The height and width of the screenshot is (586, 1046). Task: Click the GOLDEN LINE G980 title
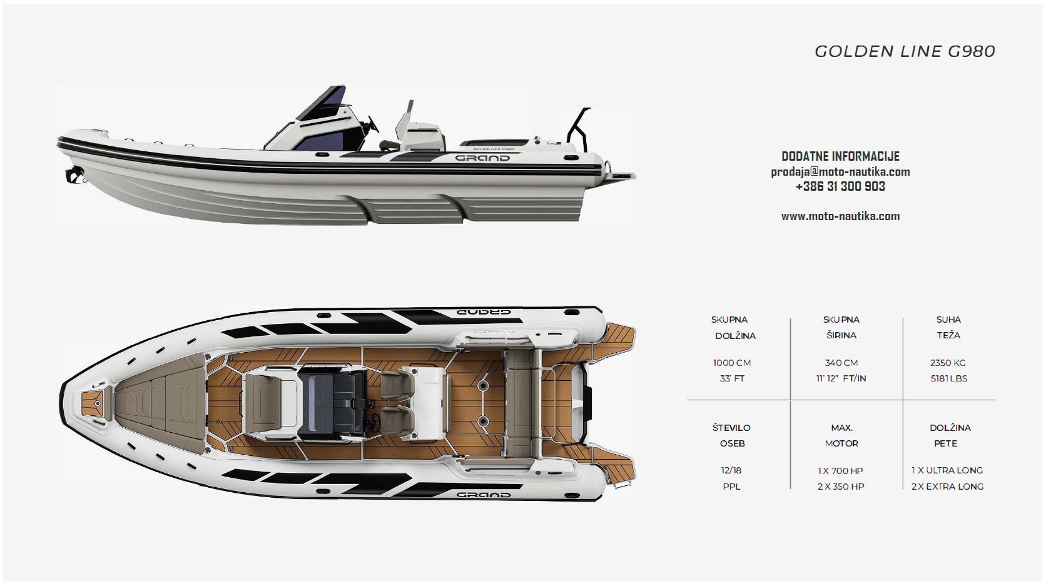coord(905,51)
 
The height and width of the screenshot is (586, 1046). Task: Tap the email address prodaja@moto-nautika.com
coord(840,171)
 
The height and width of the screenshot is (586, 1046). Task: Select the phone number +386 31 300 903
coord(840,186)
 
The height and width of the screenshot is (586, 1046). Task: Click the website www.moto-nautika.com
coord(840,216)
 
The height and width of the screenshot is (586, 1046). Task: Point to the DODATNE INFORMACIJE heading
coord(840,156)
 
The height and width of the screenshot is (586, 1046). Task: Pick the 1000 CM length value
coord(732,363)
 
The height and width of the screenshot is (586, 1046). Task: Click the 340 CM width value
coord(841,363)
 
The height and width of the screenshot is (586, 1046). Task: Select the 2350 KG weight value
coord(948,363)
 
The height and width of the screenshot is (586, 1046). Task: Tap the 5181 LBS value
coord(948,378)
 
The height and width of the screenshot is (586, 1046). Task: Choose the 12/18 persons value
coord(731,470)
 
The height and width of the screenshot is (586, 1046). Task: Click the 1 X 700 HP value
coord(840,471)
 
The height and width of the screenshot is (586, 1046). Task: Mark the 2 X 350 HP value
coord(841,487)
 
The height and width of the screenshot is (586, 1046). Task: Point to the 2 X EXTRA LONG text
coord(947,487)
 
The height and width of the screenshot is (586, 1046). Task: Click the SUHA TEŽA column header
coord(948,327)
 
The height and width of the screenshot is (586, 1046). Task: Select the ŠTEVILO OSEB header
coord(731,435)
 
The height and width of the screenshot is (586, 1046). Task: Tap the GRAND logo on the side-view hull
coord(482,158)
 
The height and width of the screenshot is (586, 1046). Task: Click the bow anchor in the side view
coord(74,176)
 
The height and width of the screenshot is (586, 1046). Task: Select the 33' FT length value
coord(732,378)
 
